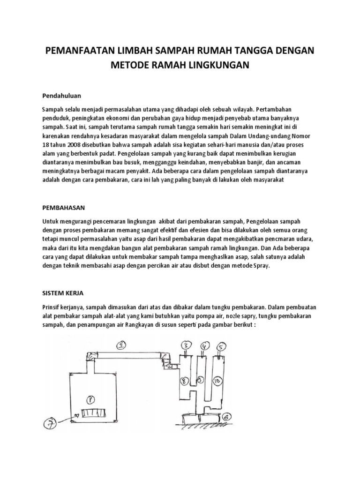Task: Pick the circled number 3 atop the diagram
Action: tap(186, 346)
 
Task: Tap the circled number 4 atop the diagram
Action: tap(204, 346)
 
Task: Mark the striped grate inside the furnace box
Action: tap(94, 414)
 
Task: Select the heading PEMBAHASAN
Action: tap(63, 207)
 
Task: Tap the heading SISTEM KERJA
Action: tap(62, 293)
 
